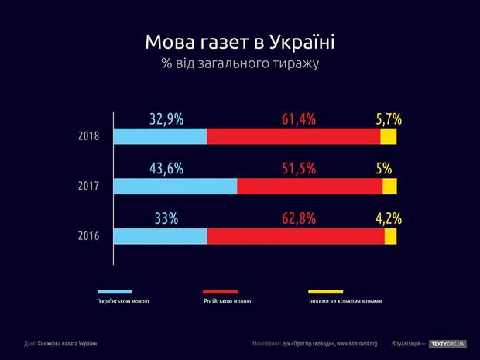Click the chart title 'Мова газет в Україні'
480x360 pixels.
coord(239,41)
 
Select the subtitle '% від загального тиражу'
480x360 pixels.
coord(239,63)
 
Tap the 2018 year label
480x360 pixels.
coord(89,136)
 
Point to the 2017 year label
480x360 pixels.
coord(89,187)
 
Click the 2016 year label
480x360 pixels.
coord(89,236)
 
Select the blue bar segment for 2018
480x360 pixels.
coord(160,136)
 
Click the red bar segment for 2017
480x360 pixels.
coord(310,187)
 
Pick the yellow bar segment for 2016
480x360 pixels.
coord(390,236)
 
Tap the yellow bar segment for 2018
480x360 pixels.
coord(388,136)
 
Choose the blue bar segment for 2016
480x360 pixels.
coord(160,236)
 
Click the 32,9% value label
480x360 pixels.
coord(166,119)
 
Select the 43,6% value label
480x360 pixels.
coord(166,169)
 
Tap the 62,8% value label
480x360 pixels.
coord(298,218)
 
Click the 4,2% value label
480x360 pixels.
coord(389,218)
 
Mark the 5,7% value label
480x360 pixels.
coord(389,119)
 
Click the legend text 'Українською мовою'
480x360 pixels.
coord(124,301)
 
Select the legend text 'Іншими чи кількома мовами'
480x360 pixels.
coord(345,301)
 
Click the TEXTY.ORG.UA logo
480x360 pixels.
coord(447,344)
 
